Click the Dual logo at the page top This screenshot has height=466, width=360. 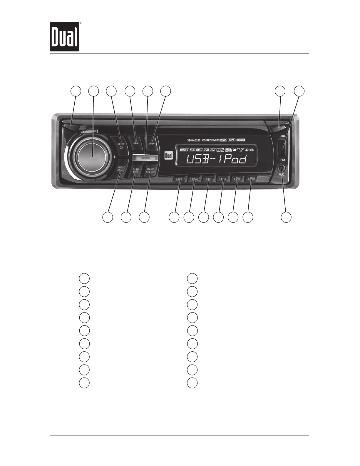(x=64, y=36)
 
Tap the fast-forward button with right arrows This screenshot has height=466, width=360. (x=152, y=144)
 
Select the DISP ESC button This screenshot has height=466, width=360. (x=136, y=171)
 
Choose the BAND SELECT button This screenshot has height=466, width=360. (x=151, y=171)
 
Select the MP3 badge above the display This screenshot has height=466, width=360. (x=232, y=140)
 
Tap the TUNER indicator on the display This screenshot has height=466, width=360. (x=184, y=150)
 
